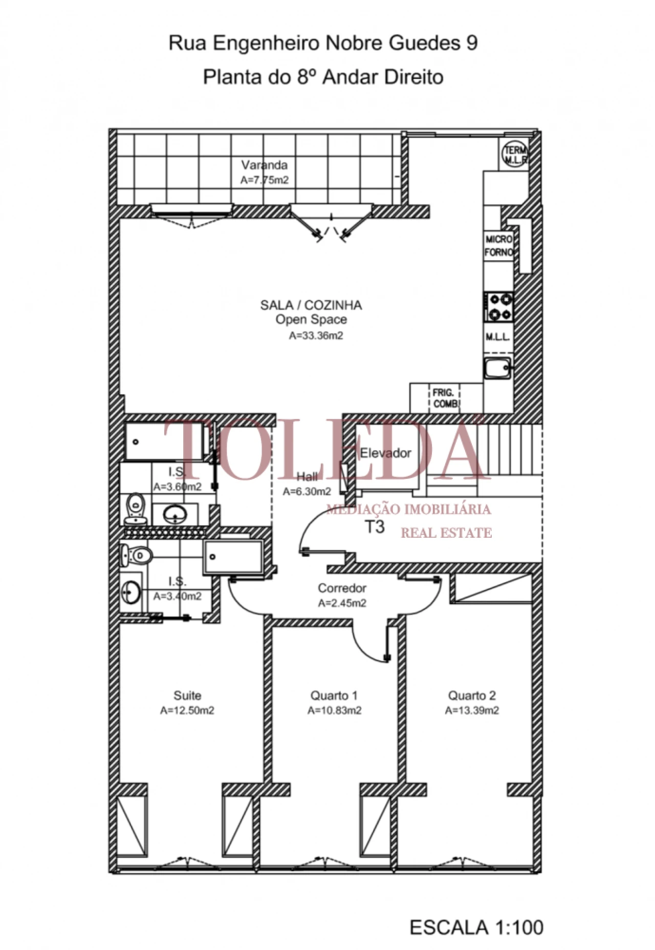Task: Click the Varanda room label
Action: pyautogui.click(x=264, y=165)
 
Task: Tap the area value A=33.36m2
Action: pyautogui.click(x=316, y=336)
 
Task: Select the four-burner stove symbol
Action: pyautogui.click(x=499, y=306)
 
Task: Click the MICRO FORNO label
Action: pyautogui.click(x=498, y=246)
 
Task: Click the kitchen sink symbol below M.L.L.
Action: pyautogui.click(x=497, y=368)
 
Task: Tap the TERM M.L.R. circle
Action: pyautogui.click(x=514, y=154)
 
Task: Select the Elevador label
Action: pyautogui.click(x=385, y=453)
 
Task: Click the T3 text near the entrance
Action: pyautogui.click(x=375, y=527)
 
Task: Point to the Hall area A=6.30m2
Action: pyautogui.click(x=307, y=492)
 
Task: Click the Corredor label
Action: pyautogui.click(x=342, y=588)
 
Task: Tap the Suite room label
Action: pyautogui.click(x=187, y=695)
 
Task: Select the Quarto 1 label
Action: pyautogui.click(x=334, y=695)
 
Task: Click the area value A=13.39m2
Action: pyautogui.click(x=472, y=710)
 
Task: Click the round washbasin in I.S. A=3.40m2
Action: pyautogui.click(x=130, y=592)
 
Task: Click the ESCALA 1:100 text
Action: pyautogui.click(x=476, y=927)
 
